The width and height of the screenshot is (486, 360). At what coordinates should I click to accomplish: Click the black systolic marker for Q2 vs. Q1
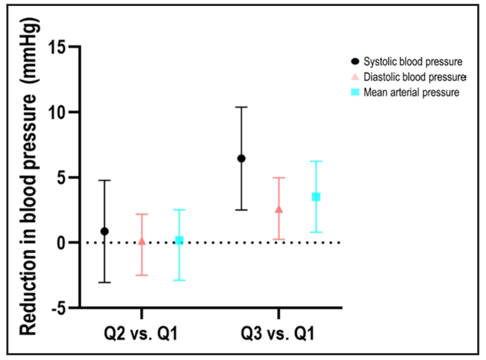pos(104,231)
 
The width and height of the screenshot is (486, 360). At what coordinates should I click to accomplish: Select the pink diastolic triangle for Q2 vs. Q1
pos(141,241)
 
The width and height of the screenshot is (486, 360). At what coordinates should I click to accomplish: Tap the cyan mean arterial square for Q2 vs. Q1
pos(179,240)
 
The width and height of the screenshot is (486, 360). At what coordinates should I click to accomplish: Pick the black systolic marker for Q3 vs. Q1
pos(241,159)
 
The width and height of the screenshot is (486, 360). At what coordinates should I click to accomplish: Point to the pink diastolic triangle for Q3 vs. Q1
pos(279,209)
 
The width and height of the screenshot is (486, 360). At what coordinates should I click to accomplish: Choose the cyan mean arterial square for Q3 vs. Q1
pos(316,197)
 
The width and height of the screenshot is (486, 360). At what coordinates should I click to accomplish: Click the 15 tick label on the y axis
pos(59,47)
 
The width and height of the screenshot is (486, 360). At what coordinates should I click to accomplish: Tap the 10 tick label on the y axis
pos(59,112)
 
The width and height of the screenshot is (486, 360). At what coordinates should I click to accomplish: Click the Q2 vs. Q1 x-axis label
pos(141,333)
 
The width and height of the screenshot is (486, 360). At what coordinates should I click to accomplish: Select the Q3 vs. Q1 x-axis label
pos(279,333)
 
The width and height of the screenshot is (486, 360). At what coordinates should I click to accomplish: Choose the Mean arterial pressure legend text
pos(411,92)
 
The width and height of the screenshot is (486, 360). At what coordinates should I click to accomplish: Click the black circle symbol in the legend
pos(354,61)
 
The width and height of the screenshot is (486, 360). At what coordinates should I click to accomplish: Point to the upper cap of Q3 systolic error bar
pos(241,107)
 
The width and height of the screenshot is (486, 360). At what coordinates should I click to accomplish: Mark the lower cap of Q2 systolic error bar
pos(104,282)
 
